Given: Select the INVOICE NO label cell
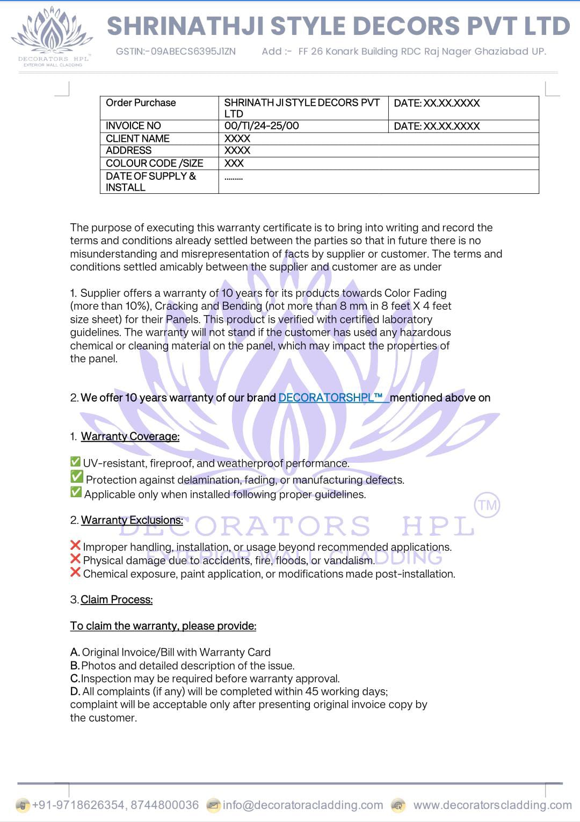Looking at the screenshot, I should click(133, 126).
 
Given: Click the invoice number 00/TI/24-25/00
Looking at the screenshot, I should click(262, 126).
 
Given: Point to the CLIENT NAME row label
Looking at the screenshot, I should click(137, 139).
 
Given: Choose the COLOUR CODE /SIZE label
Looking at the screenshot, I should click(154, 163).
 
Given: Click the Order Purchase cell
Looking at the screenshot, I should click(141, 103).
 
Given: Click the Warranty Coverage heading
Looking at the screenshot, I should click(130, 437).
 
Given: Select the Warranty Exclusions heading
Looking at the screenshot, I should click(132, 520).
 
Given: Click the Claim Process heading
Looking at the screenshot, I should click(117, 600).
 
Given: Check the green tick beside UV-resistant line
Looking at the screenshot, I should click(76, 462).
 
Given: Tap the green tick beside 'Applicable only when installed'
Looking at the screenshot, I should click(76, 492).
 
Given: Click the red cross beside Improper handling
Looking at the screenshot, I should click(76, 545).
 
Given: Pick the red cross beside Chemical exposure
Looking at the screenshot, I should click(76, 572).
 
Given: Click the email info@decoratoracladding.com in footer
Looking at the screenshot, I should click(303, 805).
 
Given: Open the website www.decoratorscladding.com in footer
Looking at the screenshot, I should click(492, 805).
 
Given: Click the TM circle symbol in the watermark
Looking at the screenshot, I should click(487, 505).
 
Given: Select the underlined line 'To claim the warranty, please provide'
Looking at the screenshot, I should click(163, 626).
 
